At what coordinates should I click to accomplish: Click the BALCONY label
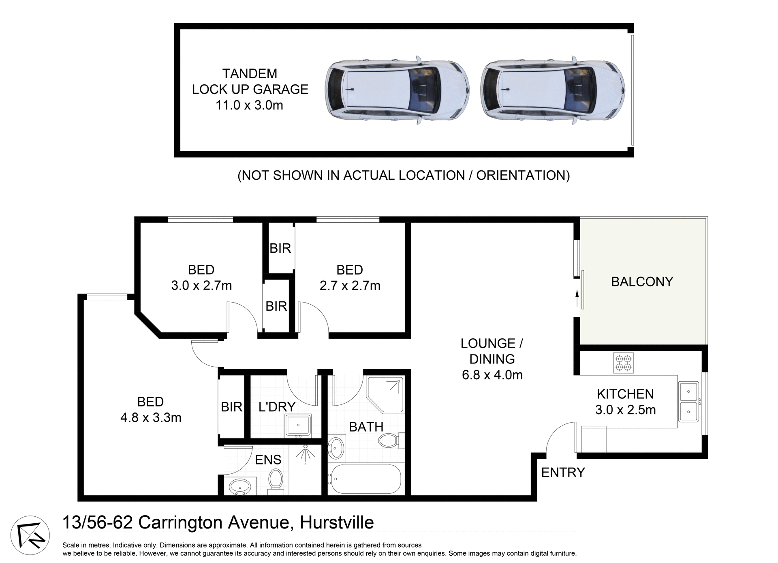[x=642, y=281]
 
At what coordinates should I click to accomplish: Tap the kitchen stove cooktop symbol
[x=623, y=363]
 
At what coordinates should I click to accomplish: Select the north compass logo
[x=30, y=535]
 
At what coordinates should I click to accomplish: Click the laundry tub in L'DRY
[x=298, y=425]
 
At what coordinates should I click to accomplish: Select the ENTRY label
[x=563, y=473]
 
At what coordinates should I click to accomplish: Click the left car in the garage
[x=397, y=90]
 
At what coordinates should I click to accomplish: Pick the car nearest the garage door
[x=554, y=90]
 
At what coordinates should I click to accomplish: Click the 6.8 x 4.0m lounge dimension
[x=492, y=375]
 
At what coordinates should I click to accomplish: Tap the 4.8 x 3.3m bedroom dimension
[x=151, y=417]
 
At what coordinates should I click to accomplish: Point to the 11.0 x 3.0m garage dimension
[x=249, y=105]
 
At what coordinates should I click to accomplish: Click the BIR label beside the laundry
[x=231, y=407]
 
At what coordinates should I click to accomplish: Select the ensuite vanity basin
[x=240, y=486]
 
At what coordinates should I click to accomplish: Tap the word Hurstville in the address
[x=336, y=522]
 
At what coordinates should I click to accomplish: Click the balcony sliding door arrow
[x=577, y=298]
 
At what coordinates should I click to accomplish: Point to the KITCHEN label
[x=625, y=394]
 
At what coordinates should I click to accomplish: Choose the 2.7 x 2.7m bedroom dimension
[x=350, y=286]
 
